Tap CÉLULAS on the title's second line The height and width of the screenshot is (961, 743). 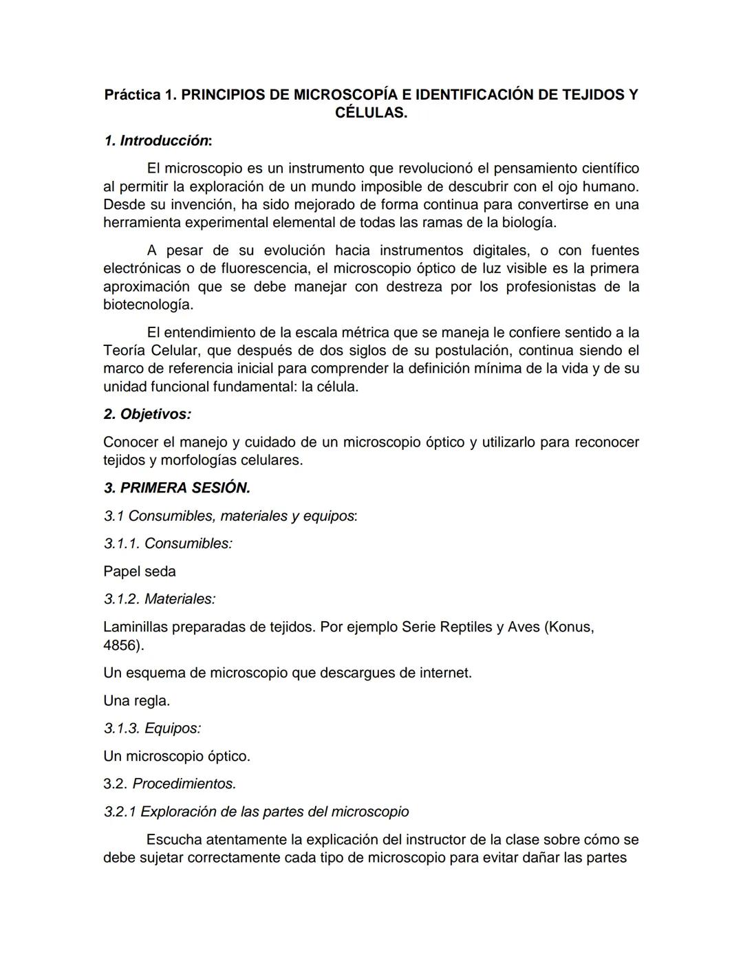(371, 113)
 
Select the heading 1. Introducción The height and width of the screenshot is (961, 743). (158, 141)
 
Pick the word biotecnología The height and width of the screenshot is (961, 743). (147, 305)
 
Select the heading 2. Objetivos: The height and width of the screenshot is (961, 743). (147, 414)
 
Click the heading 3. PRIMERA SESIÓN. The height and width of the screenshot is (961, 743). (177, 488)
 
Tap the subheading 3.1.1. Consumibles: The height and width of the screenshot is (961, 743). (168, 543)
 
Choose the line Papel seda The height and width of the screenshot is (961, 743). (140, 572)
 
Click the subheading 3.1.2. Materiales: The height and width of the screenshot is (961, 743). (160, 599)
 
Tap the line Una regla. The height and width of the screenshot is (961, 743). (136, 701)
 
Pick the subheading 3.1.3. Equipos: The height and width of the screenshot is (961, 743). (152, 728)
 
